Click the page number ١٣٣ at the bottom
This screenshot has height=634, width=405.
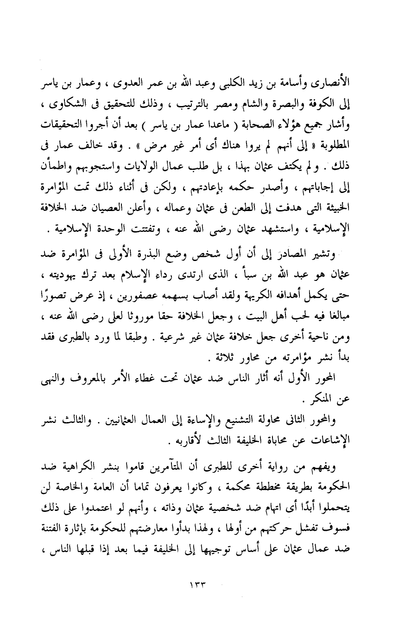202,585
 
